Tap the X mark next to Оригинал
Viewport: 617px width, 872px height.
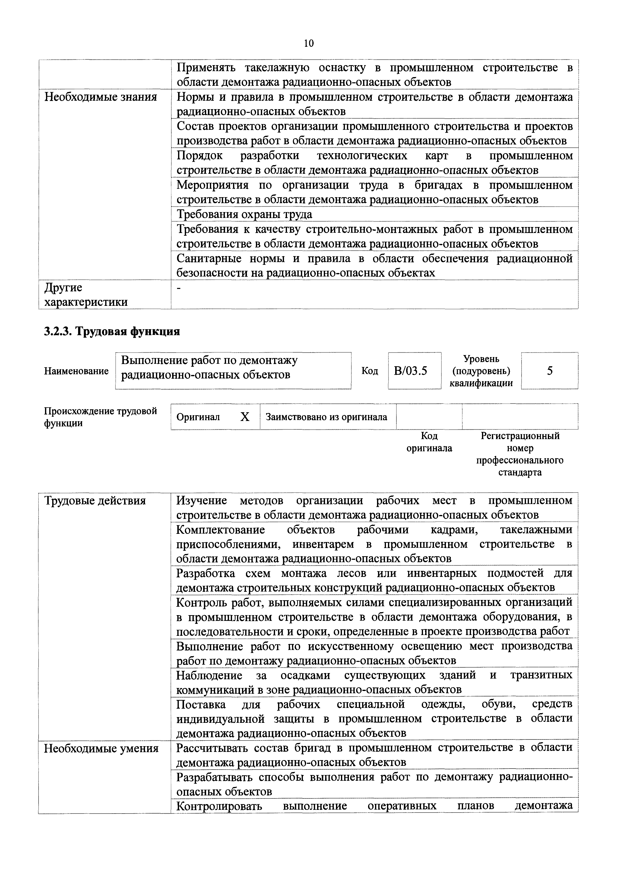point(245,417)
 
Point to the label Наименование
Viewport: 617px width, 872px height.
point(76,371)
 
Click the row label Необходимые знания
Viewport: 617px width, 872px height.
point(101,97)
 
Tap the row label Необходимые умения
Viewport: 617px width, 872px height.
point(101,749)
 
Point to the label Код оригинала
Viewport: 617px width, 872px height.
point(429,442)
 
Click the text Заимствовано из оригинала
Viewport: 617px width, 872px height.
point(326,417)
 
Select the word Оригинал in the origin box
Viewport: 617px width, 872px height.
point(198,417)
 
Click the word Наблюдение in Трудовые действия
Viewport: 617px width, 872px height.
point(209,676)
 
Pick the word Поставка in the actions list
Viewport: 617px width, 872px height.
point(201,704)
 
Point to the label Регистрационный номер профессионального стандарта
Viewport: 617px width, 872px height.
point(520,454)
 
